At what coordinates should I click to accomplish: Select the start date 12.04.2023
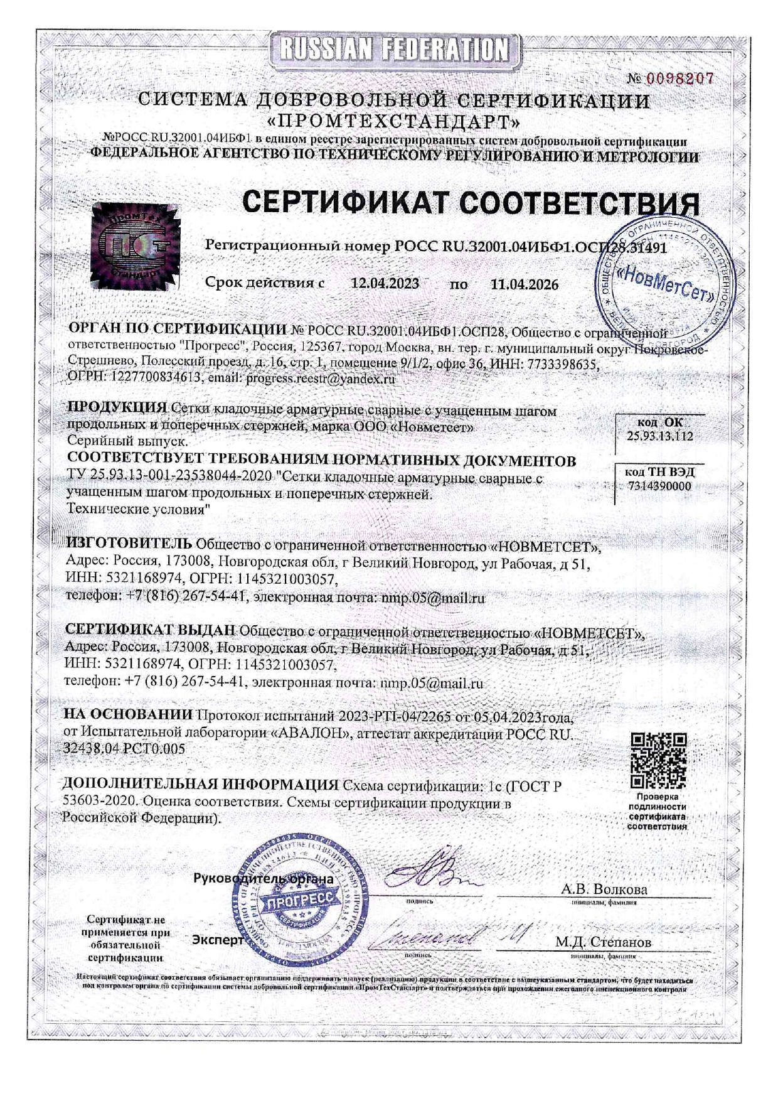point(385,284)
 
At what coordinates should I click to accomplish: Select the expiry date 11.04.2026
point(524,284)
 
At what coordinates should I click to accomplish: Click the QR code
point(658,760)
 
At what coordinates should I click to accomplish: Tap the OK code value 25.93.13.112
point(659,436)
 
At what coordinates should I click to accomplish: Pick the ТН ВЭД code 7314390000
point(659,486)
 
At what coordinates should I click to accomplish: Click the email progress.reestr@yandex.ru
point(320,379)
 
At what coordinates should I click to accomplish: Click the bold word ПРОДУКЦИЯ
point(117,407)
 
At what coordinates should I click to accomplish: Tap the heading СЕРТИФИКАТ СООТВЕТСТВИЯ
point(471,203)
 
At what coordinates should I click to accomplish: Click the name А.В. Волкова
point(604,889)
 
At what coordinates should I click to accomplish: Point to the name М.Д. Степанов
point(603,942)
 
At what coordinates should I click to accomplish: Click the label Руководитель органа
point(264,879)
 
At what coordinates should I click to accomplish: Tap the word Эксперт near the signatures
point(217,940)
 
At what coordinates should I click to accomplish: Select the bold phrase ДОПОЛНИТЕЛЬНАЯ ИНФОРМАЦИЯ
point(200,784)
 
